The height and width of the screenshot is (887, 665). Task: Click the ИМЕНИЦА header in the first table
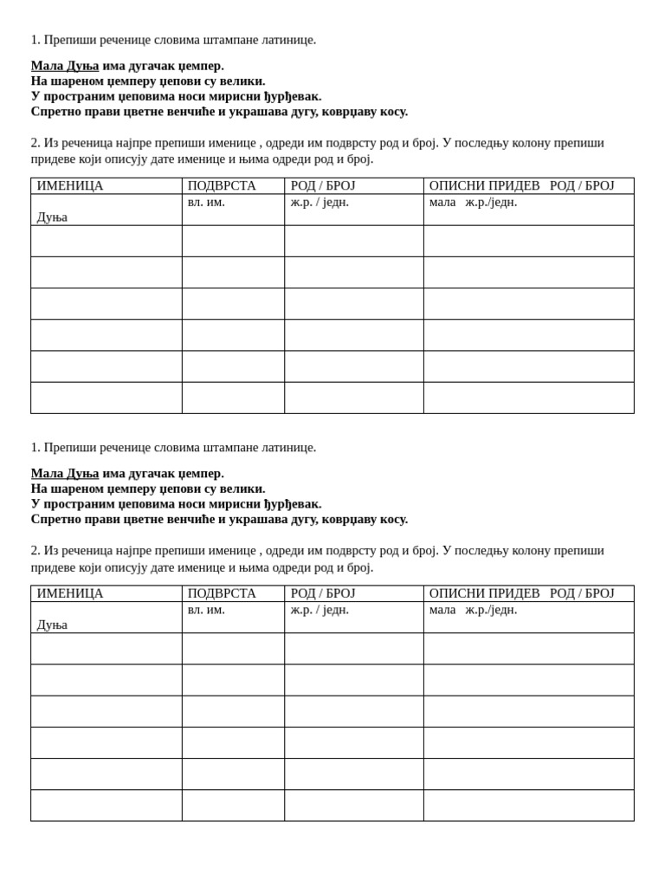(69, 186)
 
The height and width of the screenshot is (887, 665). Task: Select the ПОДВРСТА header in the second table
(222, 593)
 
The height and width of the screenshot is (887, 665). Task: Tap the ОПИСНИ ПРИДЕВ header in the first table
(484, 186)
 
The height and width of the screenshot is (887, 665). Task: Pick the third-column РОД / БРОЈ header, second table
(323, 593)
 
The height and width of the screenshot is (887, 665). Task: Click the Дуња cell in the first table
(52, 217)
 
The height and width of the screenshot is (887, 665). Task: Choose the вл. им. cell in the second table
(206, 610)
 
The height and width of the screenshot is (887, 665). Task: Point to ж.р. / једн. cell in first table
(320, 203)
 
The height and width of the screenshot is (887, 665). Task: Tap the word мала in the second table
(442, 610)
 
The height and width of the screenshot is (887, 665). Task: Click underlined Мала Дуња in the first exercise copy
(65, 66)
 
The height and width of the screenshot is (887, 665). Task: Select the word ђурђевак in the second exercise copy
(293, 504)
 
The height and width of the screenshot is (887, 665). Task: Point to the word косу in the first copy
(391, 112)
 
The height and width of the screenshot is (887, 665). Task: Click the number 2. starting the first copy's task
(36, 143)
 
